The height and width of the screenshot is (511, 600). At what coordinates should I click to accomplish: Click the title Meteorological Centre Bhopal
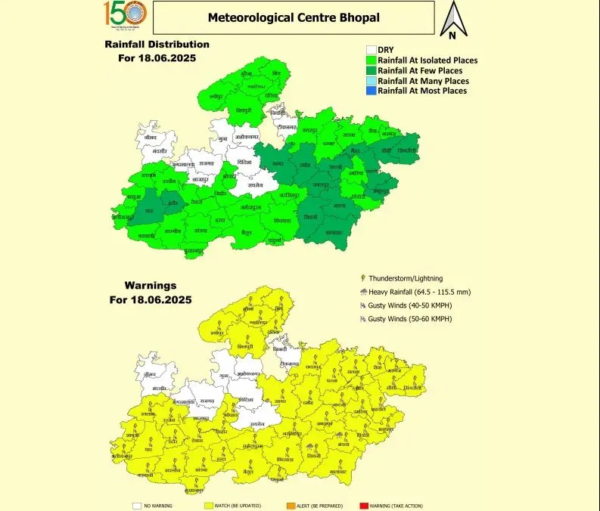[294, 17]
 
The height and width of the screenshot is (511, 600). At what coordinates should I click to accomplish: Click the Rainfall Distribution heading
[157, 44]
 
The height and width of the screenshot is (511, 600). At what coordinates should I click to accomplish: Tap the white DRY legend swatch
[371, 49]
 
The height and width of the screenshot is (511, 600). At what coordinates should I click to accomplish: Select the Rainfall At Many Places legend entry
[423, 81]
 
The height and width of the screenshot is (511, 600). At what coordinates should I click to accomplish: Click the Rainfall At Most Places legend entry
[422, 91]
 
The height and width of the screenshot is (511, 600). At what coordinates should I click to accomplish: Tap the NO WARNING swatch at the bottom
[137, 505]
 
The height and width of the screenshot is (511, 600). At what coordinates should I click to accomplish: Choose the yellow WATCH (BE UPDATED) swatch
[210, 505]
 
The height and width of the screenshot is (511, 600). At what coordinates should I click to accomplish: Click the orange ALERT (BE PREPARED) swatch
[291, 505]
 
